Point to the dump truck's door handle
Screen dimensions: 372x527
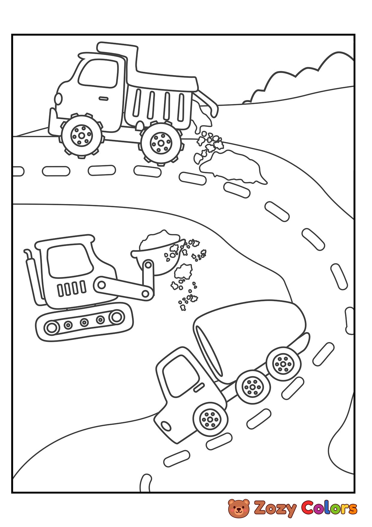(x=104, y=98)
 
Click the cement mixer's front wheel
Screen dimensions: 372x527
(x=210, y=418)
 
